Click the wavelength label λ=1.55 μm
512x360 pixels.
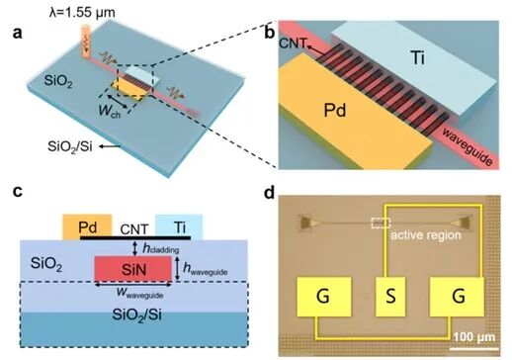pos(82,13)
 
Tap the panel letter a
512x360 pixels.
pos(17,33)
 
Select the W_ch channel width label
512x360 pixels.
pos(110,111)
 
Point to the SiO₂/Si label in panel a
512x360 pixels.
pos(70,146)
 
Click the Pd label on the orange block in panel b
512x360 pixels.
pos(335,110)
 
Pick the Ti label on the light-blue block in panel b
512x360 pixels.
pos(417,58)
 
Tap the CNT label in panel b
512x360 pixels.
pos(293,44)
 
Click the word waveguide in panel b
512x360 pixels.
pos(467,146)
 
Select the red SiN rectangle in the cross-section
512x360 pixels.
pos(133,269)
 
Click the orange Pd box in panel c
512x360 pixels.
pos(87,226)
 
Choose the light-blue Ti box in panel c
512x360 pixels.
pos(179,226)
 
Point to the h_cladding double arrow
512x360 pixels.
pos(134,248)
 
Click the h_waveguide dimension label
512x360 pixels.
pos(206,269)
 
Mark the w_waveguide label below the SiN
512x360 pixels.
pos(140,293)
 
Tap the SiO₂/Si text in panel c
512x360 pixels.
pos(137,315)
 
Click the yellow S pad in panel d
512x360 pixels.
pos(390,297)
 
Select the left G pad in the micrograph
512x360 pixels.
pos(324,297)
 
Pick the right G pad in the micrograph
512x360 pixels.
pos(457,297)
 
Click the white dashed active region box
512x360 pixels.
pos(381,224)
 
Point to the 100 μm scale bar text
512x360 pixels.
pos(474,337)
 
